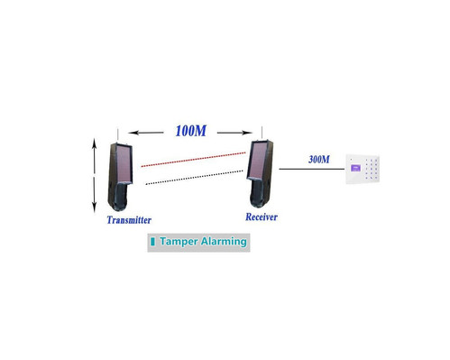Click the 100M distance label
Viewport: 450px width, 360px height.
(190, 132)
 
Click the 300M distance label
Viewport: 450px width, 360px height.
(318, 160)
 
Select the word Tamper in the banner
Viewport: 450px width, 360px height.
(178, 242)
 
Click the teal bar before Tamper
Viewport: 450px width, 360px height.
(153, 242)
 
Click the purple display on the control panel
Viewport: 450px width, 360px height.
(355, 168)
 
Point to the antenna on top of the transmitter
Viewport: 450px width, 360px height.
(118, 133)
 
